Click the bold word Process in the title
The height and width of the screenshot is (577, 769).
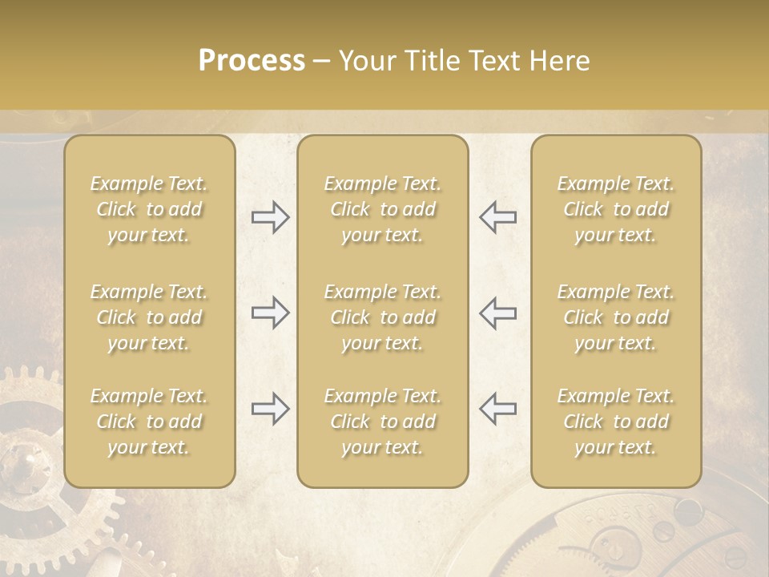tap(252, 61)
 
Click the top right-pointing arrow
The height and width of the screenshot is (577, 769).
tap(271, 217)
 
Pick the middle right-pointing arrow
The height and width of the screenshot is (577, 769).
tap(271, 313)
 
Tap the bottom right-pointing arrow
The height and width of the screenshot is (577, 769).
tap(271, 409)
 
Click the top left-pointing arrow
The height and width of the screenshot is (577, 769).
tap(497, 217)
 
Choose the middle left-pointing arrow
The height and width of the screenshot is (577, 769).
tap(497, 313)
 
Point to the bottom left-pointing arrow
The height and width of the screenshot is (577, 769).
tap(497, 409)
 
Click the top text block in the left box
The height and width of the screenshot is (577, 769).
tap(149, 209)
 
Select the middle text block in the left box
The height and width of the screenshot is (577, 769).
tap(149, 317)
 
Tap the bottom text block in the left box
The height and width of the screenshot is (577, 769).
tap(149, 422)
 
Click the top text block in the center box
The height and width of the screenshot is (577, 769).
tap(383, 209)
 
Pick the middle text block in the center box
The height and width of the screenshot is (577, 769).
tap(383, 317)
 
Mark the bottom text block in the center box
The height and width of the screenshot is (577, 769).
tap(383, 422)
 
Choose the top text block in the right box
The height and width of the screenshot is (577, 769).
tap(616, 209)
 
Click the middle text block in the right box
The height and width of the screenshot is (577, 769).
tap(616, 317)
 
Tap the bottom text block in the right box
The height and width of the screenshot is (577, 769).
tap(616, 422)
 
